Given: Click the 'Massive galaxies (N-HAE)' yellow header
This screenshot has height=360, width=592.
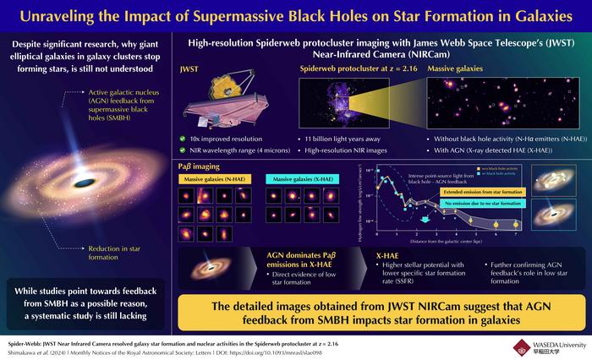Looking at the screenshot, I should pyautogui.click(x=207, y=178).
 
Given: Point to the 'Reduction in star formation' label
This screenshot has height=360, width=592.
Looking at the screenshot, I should pyautogui.click(x=117, y=253).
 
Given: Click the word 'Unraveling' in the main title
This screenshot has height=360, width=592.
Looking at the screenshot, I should pyautogui.click(x=106, y=15).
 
